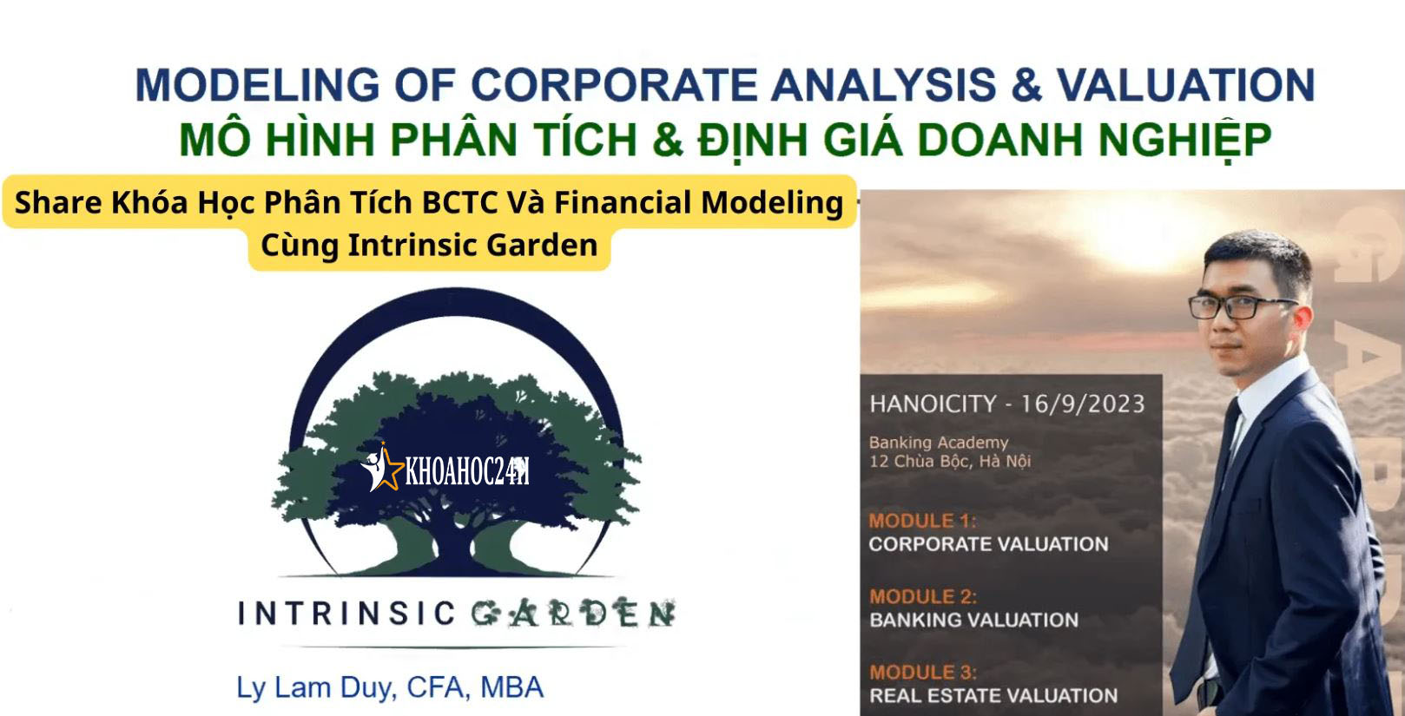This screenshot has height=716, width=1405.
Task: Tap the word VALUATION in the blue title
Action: [x=1185, y=85]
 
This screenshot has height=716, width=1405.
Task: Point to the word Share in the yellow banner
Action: [x=57, y=202]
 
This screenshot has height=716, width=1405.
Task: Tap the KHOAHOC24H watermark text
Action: [x=467, y=471]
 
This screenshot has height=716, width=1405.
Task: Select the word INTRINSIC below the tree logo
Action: [x=346, y=614]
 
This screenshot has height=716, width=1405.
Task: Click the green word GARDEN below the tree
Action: [x=573, y=613]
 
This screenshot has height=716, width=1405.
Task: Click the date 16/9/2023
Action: [x=1083, y=404]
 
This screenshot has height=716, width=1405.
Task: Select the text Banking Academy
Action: [x=939, y=443]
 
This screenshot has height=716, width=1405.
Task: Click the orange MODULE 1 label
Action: [x=922, y=521]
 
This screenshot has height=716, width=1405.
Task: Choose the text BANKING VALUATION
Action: [x=973, y=620]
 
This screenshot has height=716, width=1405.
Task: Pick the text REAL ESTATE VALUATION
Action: [x=993, y=695]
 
